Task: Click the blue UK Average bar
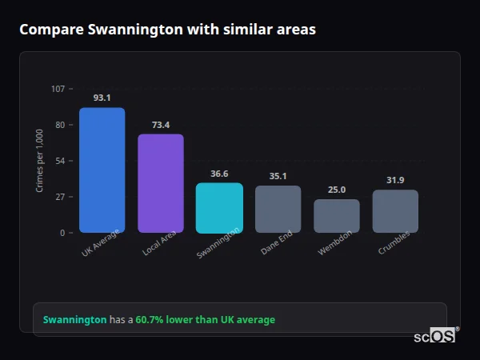[102, 170]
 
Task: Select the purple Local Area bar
[161, 183]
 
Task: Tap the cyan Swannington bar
[219, 208]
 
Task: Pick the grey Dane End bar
[278, 209]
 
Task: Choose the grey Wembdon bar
[337, 216]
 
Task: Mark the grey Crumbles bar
[395, 211]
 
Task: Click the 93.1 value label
[102, 98]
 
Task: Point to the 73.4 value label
[161, 125]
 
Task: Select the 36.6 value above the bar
[219, 174]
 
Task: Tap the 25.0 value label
[337, 190]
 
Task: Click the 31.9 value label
[395, 180]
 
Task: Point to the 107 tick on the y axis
[58, 89]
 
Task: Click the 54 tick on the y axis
[60, 161]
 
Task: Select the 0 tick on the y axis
[62, 233]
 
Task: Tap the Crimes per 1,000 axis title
[40, 161]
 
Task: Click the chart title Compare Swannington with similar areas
[167, 30]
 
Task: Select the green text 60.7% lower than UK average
[205, 319]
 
